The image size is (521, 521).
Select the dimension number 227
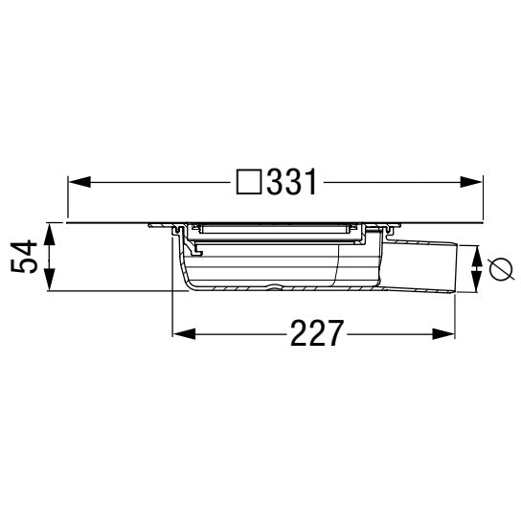pos(314,334)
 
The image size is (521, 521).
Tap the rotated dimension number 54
pos(32,257)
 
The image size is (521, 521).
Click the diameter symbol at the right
pos(498,269)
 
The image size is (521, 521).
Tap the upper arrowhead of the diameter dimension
pos(476,253)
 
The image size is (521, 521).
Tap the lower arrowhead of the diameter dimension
pos(476,283)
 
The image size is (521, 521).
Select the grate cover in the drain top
pos(272,229)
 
